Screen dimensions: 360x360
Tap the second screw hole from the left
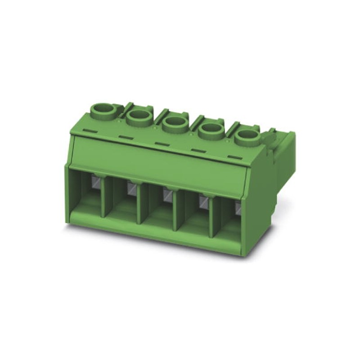click(138, 118)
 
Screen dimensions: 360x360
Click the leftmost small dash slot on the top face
click(90, 130)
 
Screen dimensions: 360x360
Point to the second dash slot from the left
click(126, 136)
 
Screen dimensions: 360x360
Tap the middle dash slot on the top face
click(161, 144)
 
